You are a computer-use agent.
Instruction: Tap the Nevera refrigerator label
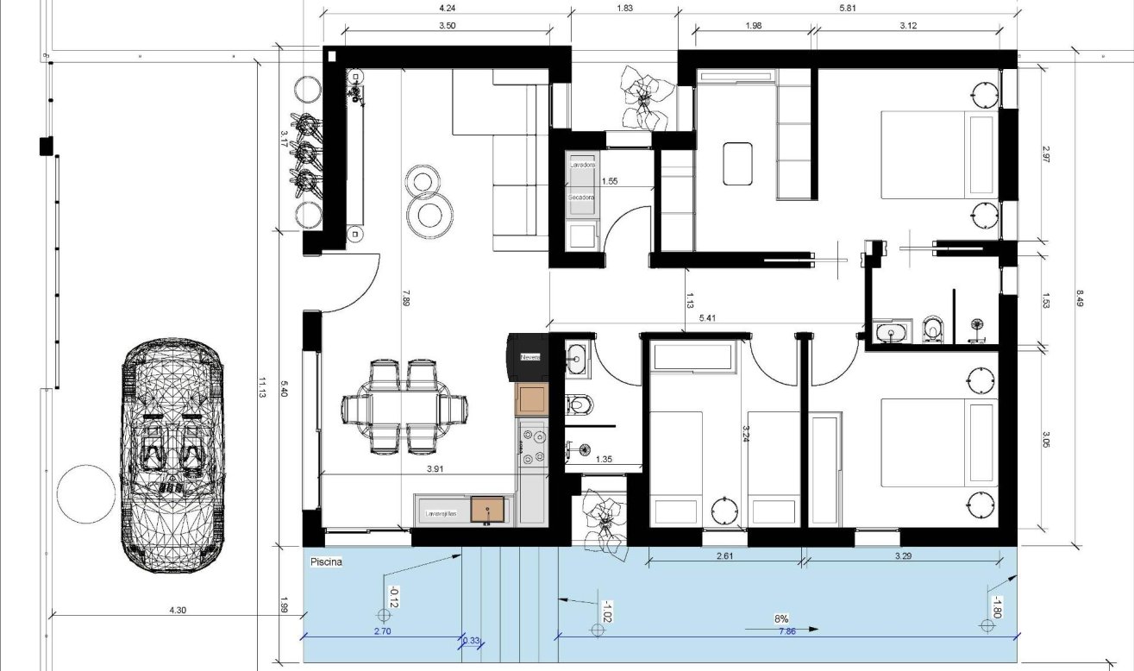click(529, 357)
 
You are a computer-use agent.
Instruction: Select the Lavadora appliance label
click(583, 164)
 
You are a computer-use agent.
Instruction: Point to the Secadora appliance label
click(580, 198)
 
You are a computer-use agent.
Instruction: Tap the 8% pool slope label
click(781, 619)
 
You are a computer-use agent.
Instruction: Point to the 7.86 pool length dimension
click(786, 632)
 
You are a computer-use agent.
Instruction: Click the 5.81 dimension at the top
click(847, 8)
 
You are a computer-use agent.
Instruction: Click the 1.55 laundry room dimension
click(610, 181)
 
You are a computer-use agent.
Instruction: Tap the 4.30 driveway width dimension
click(177, 610)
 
